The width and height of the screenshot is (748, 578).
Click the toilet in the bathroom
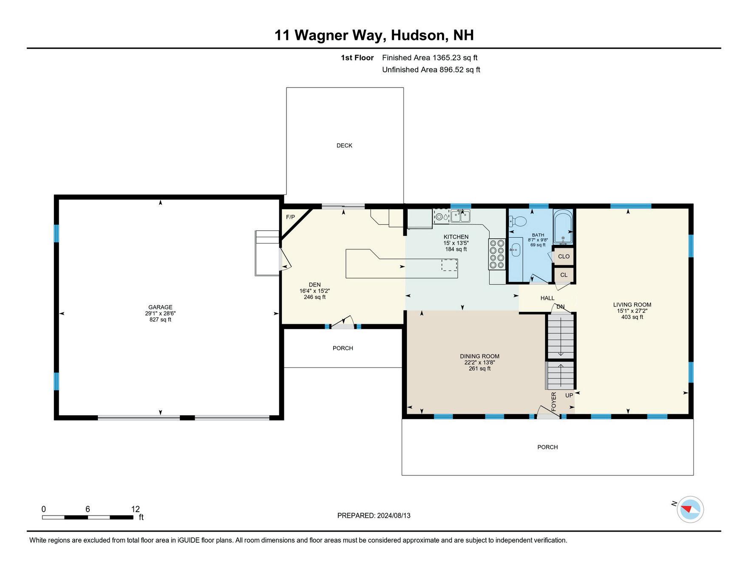[518, 221]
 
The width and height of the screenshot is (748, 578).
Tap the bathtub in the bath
[563, 227]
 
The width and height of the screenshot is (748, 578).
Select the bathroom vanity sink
[516, 249]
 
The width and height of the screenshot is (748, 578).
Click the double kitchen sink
[461, 216]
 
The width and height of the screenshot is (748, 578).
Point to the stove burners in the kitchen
[497, 254]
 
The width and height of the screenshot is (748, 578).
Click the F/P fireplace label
[290, 217]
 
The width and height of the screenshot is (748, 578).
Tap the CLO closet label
[564, 256]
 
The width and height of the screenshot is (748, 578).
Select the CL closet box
[564, 275]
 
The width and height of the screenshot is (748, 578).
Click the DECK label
[344, 145]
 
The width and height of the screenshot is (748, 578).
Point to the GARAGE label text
[160, 307]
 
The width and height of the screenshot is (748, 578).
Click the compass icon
[690, 509]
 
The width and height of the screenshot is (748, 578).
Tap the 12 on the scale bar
[135, 509]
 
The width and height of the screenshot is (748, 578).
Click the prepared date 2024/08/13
[394, 516]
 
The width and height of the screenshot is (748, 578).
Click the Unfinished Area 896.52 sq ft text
[431, 70]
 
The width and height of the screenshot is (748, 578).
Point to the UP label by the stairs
[569, 395]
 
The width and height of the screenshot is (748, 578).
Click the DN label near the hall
[561, 307]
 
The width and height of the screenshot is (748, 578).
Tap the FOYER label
[554, 402]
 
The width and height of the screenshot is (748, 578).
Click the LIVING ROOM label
[632, 305]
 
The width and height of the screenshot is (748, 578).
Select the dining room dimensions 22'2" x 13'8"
[479, 363]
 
